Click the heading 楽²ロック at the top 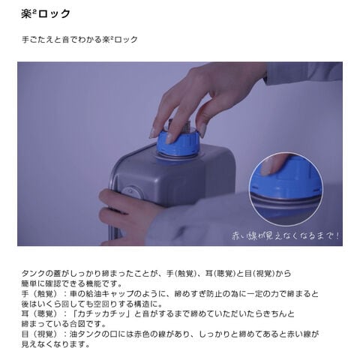[46, 13]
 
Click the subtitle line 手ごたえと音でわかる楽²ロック [79, 40]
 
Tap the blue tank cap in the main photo [178, 142]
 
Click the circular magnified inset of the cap [286, 189]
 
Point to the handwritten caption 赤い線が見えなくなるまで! [285, 235]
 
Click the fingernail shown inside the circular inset [266, 169]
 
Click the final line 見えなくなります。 [56, 344]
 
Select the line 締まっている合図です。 [64, 324]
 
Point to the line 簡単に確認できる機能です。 [72, 283]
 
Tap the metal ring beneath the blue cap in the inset [285, 199]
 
